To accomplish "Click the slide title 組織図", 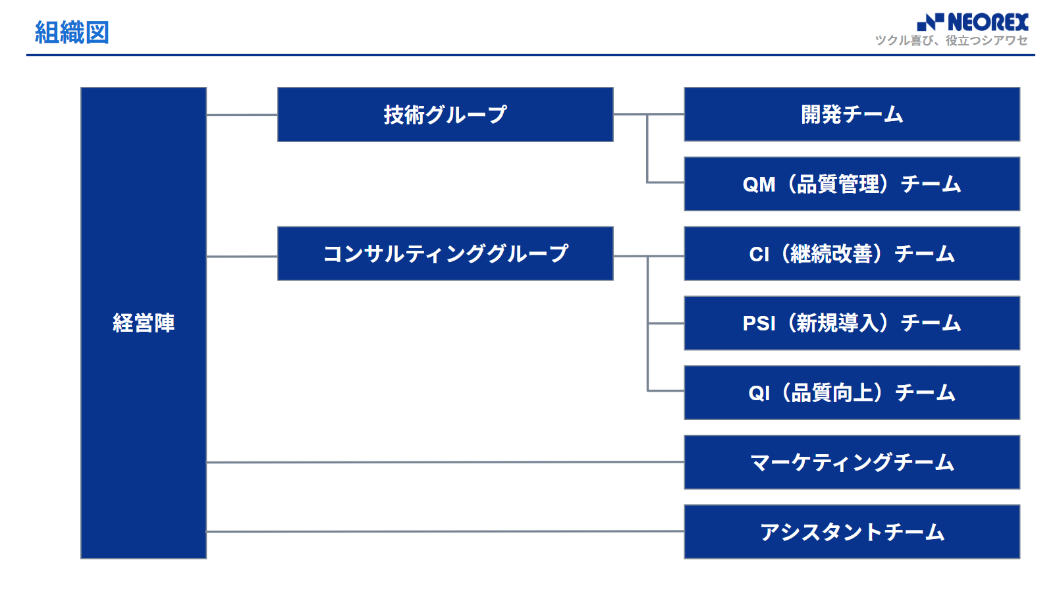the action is coord(72,32).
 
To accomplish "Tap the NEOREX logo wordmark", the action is coord(988,22).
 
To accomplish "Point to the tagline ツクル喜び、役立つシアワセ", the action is coord(951,41).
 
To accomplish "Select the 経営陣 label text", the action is coord(144,323).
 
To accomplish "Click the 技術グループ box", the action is coord(445,115).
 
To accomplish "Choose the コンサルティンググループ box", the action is coord(445,254).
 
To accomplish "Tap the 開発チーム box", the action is coord(852,115).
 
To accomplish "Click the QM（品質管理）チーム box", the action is coord(852,184).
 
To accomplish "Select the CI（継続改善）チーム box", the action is coord(852,254).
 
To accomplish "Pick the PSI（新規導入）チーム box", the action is coord(852,323).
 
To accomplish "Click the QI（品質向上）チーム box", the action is coord(852,393).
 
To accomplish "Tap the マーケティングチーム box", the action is coord(852,462).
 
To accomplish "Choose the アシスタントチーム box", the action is coord(852,532).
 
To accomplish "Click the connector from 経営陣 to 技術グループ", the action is coord(242,115).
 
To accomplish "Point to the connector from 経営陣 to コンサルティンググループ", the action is coord(242,256).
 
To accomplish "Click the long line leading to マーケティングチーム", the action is coord(445,462).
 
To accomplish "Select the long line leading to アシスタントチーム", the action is coord(445,532).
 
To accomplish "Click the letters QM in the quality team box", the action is coord(759,184).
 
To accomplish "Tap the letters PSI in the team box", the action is coord(759,324).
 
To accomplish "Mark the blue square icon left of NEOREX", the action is coord(930,22).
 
